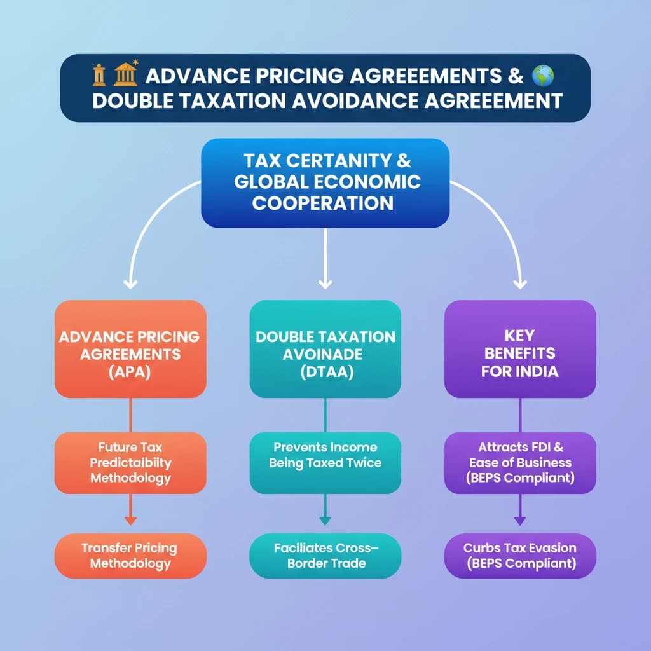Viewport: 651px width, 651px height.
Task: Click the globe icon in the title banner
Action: pyautogui.click(x=543, y=76)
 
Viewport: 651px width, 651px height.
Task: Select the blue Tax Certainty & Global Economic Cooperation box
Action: pyautogui.click(x=325, y=182)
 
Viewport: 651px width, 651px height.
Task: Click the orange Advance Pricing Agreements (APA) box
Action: pyautogui.click(x=130, y=349)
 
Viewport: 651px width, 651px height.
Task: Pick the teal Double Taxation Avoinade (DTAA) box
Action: pyautogui.click(x=325, y=349)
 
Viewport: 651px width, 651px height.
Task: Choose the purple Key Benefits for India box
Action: pyautogui.click(x=519, y=349)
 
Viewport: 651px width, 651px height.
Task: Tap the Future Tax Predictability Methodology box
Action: pyautogui.click(x=130, y=463)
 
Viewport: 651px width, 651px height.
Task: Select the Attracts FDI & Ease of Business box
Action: pyautogui.click(x=519, y=463)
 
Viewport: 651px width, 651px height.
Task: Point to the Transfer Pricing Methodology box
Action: pyautogui.click(x=130, y=556)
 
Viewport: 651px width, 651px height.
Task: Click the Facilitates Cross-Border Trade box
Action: pyautogui.click(x=325, y=556)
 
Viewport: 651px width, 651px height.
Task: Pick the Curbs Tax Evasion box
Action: pyautogui.click(x=519, y=556)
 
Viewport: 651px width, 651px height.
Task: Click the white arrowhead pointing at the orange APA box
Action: pyautogui.click(x=131, y=284)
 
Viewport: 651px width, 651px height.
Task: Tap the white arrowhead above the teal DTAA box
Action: pyautogui.click(x=325, y=284)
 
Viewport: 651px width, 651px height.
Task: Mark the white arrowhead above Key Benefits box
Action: pyautogui.click(x=520, y=284)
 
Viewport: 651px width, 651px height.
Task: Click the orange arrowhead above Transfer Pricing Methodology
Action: pyautogui.click(x=130, y=521)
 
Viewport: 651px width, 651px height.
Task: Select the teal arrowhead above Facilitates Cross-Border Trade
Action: pyautogui.click(x=325, y=521)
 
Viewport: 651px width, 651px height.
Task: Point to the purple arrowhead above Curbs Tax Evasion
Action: pyautogui.click(x=519, y=521)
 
